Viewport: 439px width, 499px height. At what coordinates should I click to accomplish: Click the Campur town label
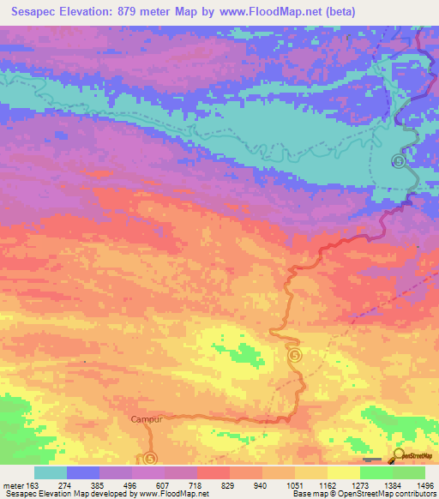click(x=147, y=419)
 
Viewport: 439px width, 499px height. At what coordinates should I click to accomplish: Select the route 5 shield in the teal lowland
click(x=398, y=160)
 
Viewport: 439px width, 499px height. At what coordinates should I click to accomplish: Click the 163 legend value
click(x=34, y=486)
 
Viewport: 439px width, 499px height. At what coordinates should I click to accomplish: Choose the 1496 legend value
click(x=424, y=486)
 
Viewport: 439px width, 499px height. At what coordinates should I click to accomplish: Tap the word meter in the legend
click(x=12, y=486)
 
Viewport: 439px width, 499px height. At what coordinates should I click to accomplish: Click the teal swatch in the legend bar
click(x=51, y=472)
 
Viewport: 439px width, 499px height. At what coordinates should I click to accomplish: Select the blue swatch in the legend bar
click(x=83, y=472)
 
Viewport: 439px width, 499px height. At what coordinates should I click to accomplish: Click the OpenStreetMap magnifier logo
click(x=400, y=455)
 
